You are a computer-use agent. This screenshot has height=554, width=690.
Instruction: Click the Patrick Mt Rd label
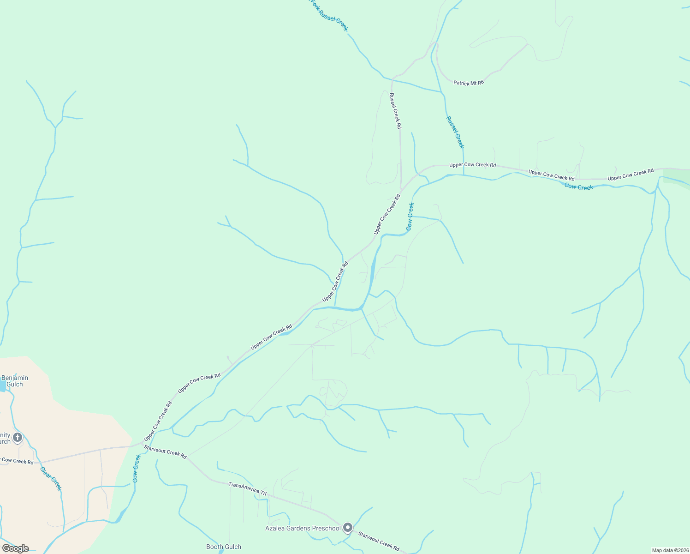point(469,83)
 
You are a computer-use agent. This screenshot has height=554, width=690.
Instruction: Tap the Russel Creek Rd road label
point(395,111)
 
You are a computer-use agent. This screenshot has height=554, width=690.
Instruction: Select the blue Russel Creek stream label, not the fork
point(455,132)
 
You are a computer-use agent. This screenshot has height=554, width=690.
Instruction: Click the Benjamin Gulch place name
point(15,381)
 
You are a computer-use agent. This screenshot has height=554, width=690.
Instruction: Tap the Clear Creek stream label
point(51,479)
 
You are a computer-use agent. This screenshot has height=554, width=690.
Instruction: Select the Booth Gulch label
point(224,547)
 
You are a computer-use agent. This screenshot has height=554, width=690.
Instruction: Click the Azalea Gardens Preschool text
point(303,528)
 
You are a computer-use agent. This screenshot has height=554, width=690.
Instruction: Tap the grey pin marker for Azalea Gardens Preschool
point(348,527)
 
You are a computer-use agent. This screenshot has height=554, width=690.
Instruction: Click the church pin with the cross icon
point(18,437)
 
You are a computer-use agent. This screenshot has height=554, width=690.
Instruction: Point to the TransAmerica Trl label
point(248,489)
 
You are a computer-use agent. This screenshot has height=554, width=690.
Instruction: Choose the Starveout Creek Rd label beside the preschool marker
point(379,541)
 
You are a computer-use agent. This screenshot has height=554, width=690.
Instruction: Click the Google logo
point(15,548)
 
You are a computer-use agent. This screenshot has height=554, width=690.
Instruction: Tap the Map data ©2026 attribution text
point(669,550)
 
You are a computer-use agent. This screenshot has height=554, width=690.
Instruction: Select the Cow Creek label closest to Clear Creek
point(137,469)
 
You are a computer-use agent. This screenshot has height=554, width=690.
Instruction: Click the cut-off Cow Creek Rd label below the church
point(18,461)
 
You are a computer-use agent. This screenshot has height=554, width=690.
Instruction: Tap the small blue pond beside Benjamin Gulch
point(2,385)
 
